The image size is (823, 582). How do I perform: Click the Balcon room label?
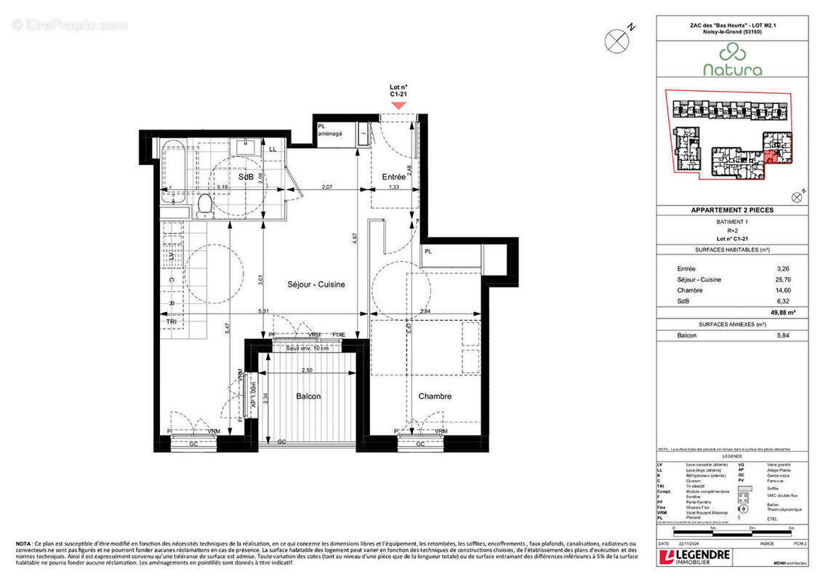(308, 396)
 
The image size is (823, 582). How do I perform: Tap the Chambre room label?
(435, 396)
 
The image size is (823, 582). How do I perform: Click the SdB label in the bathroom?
(246, 177)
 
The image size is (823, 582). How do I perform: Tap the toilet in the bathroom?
(204, 204)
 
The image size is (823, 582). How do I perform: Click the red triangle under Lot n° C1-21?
(398, 105)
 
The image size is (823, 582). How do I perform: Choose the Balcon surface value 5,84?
(782, 335)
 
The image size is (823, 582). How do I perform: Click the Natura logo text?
(732, 71)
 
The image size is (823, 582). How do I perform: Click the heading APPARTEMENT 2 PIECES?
(731, 210)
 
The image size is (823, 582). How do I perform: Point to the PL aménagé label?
(329, 129)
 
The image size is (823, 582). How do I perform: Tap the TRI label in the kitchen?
(172, 321)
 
